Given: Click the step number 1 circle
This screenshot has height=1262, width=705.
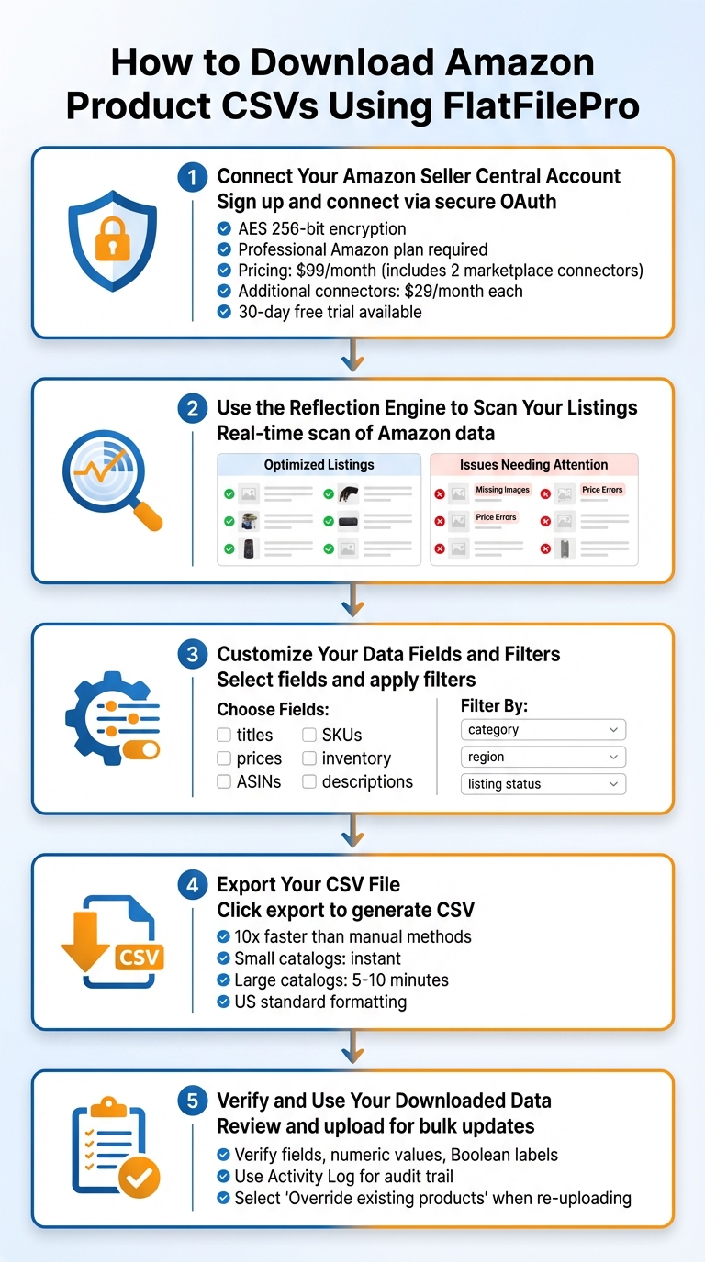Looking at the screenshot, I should point(192,176).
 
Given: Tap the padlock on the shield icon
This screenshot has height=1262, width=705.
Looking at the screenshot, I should point(113,241).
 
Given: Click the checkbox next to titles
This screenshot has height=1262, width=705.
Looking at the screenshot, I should point(224,735).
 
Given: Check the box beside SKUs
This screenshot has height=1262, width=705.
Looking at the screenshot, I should point(309,735).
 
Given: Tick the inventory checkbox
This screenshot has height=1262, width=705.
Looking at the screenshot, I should point(309,758).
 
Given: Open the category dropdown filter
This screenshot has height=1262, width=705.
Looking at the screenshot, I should point(543,730).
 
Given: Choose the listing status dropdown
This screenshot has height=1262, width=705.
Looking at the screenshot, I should point(543,784).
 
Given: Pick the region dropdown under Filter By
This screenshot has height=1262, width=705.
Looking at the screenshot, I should point(543,757).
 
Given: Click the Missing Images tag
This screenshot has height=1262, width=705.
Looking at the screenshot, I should point(502,490).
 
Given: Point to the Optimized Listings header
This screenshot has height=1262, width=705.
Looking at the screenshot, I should point(319,465).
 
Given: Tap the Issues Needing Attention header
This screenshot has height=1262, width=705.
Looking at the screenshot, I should point(533,465).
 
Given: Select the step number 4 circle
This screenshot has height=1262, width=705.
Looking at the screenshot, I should point(192,885).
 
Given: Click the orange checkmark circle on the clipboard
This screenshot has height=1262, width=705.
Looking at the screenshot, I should point(139,1178).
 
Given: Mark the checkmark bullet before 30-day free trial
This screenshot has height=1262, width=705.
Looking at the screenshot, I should point(223,312).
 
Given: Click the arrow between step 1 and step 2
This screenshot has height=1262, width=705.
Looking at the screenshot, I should point(352,356).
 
